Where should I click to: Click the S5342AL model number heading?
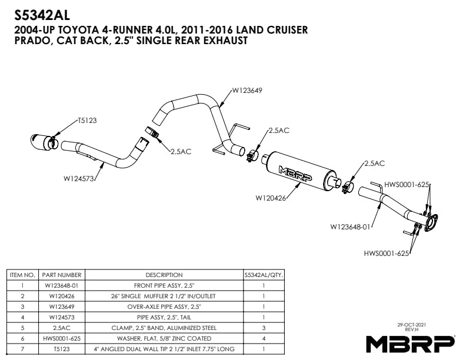point(42,15)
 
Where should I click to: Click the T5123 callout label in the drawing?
point(87,121)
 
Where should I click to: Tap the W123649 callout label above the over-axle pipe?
point(247,91)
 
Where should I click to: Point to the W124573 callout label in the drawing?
point(79,179)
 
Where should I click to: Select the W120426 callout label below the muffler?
point(271,198)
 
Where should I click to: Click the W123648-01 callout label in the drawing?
point(351,227)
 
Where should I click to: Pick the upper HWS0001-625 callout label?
point(407,185)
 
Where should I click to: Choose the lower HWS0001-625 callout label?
point(387,254)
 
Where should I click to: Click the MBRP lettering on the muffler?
point(295,174)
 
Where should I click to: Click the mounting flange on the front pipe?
point(431,221)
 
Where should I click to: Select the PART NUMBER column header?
point(62,275)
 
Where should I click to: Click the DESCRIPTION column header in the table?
point(164,275)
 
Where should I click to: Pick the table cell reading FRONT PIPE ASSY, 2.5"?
point(164,286)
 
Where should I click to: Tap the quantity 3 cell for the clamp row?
point(264,328)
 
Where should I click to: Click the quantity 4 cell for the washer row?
point(264,339)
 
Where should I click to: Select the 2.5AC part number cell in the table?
point(62,328)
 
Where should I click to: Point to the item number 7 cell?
point(22,349)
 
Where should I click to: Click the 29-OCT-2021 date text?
point(412,325)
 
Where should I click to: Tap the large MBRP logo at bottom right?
point(410,344)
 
